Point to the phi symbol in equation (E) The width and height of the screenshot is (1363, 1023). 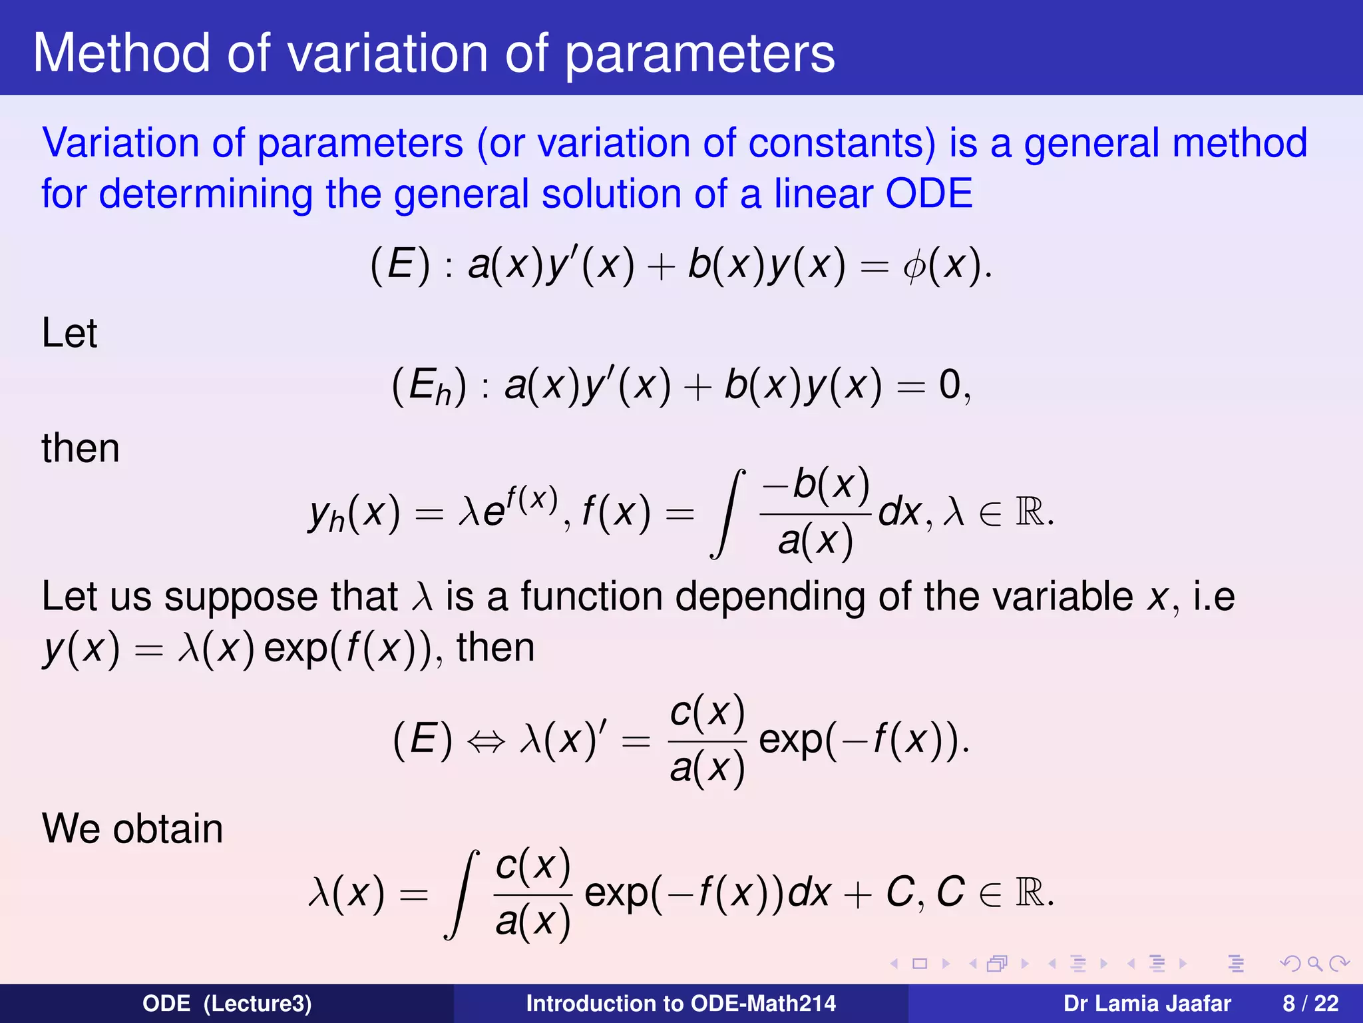[x=914, y=266]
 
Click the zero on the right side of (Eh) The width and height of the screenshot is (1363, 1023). [x=949, y=386]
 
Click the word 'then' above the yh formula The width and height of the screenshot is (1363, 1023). [x=81, y=448]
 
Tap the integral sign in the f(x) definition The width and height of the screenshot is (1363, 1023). [x=728, y=513]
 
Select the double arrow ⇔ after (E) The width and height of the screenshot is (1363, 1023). [x=486, y=741]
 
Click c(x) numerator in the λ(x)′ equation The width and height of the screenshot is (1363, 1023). [x=707, y=712]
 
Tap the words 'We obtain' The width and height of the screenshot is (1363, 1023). [x=132, y=829]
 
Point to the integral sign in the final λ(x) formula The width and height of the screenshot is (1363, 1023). [x=462, y=894]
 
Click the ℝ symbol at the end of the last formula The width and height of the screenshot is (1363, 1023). [x=1030, y=893]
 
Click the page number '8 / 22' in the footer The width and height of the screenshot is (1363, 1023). [x=1310, y=1004]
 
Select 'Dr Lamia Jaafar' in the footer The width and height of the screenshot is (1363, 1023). [x=1147, y=1004]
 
